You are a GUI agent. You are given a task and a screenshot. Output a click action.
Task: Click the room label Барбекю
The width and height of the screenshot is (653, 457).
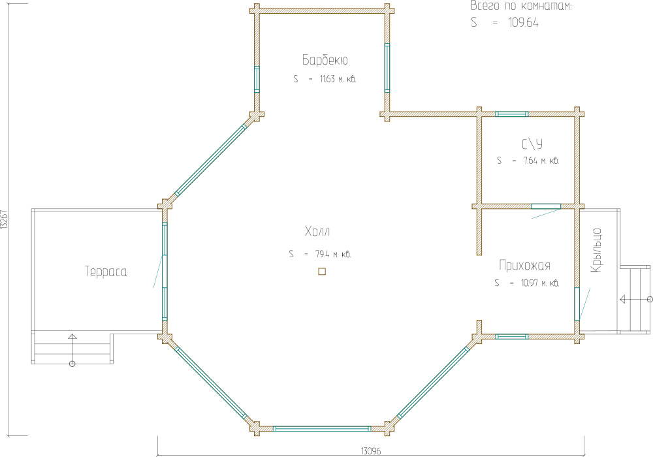325,60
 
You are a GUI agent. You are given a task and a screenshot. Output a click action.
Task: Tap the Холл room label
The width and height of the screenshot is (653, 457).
317,231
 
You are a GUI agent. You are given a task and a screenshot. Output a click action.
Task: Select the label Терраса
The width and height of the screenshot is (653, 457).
106,272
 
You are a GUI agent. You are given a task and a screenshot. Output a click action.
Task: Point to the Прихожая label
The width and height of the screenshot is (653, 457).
525,266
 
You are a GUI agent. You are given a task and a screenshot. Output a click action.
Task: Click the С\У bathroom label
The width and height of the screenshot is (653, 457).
532,144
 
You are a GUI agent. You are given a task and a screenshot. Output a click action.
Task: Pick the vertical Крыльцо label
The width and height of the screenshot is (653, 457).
596,250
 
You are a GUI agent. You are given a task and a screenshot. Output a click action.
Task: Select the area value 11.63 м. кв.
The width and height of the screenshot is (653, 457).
338,78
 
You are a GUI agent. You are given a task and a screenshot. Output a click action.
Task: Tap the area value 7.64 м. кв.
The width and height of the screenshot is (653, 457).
541,161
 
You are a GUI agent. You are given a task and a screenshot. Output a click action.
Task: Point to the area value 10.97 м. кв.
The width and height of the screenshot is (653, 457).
540,283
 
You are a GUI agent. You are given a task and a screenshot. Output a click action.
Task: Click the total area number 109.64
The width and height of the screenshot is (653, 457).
523,22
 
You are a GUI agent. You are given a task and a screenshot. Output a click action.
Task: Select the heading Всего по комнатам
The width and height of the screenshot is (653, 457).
521,6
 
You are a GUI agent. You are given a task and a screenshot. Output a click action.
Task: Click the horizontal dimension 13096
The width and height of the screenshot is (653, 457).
371,451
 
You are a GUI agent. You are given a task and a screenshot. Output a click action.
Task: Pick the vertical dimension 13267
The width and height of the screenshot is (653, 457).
4,219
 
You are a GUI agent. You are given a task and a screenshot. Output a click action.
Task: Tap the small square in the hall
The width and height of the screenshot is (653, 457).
322,272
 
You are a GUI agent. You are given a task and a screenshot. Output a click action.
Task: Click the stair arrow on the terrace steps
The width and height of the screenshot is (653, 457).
72,350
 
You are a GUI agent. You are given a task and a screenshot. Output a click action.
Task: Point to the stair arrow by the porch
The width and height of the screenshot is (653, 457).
636,299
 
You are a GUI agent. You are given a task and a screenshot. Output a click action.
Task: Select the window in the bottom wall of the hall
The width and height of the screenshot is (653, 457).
322,428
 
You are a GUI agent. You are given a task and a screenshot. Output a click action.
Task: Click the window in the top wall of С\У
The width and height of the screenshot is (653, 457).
512,114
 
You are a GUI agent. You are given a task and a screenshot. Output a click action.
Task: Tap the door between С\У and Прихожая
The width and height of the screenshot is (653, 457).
546,206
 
